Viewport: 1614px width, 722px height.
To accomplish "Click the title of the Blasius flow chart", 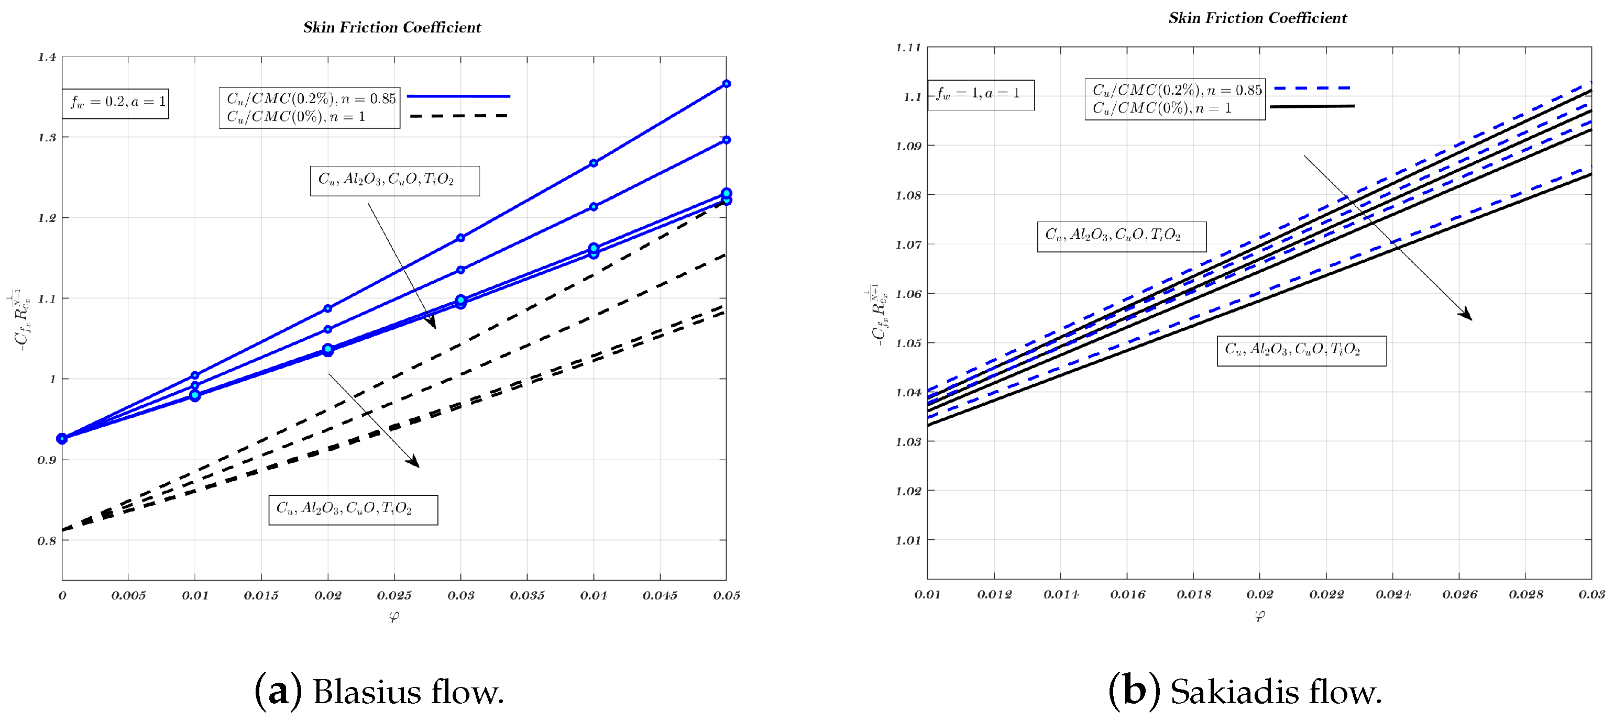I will point(392,28).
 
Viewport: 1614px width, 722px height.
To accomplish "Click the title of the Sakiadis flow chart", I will point(1257,18).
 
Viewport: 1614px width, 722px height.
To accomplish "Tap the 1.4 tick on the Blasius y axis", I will point(47,58).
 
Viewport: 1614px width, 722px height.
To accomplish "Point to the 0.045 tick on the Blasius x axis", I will point(660,595).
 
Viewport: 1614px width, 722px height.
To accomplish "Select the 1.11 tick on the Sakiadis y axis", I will point(908,48).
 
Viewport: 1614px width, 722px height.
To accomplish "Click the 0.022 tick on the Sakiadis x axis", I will point(1326,594).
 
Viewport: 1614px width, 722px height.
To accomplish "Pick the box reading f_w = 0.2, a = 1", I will point(116,103).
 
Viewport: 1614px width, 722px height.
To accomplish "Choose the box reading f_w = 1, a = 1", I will point(980,95).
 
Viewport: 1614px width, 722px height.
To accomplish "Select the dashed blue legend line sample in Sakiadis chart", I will point(1312,89).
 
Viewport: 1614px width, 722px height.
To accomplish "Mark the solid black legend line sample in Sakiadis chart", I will point(1312,106).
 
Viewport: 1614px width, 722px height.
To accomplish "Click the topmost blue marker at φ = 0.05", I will point(726,84).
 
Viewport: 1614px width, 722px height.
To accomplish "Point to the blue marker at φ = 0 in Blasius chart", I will point(62,438).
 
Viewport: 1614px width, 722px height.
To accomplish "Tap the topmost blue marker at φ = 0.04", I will point(594,163).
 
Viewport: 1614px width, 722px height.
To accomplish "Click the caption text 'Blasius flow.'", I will point(408,693).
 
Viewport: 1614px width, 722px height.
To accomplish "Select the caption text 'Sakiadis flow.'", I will point(1276,693).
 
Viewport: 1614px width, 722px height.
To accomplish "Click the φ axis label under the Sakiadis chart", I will point(1259,616).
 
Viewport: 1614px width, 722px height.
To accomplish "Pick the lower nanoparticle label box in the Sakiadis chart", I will point(1301,351).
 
